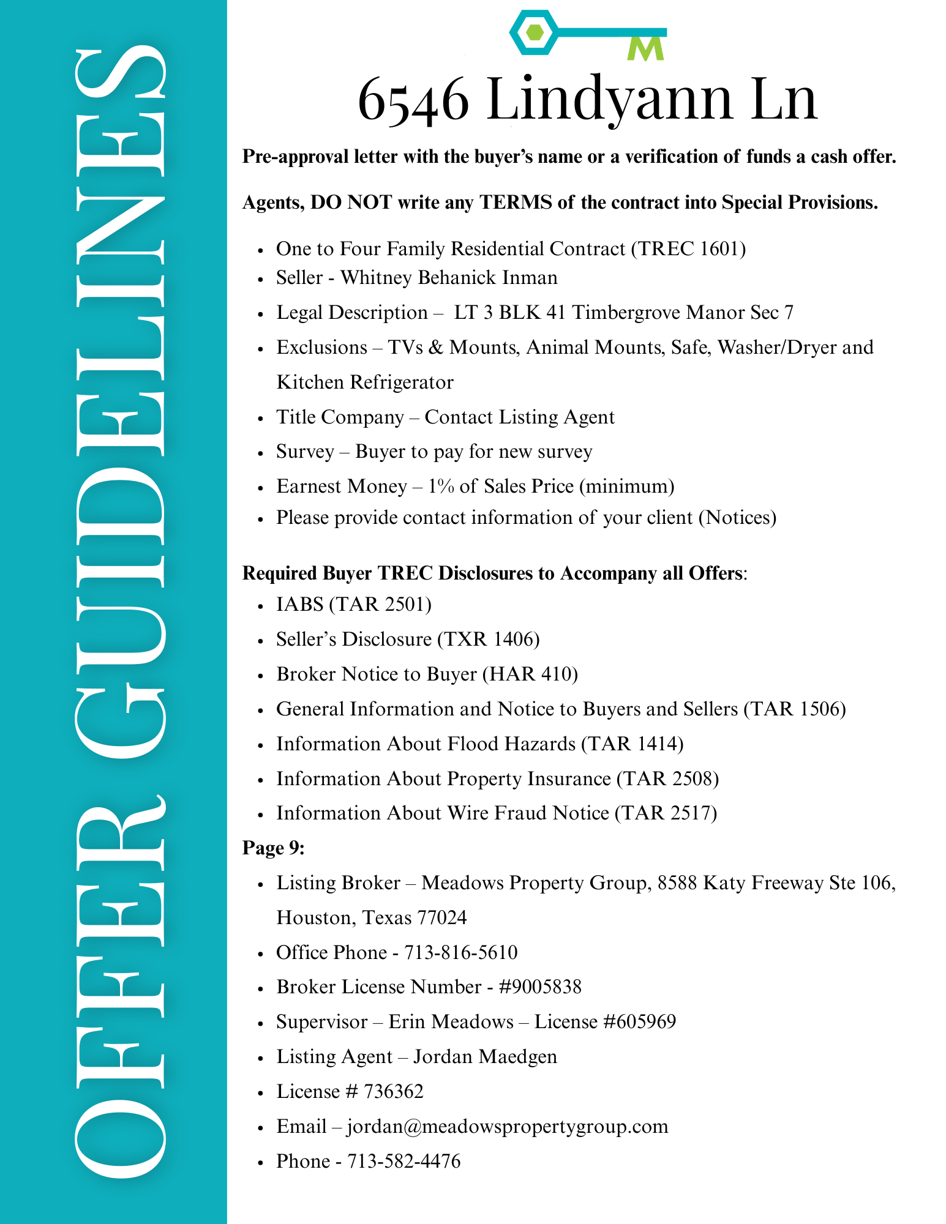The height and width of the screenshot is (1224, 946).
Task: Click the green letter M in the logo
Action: pos(646,48)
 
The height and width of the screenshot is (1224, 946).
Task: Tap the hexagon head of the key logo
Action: pos(534,31)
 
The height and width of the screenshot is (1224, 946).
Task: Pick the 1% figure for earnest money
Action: pos(441,487)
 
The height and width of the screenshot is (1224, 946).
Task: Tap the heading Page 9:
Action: pos(273,848)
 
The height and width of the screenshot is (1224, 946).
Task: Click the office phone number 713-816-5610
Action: pos(460,953)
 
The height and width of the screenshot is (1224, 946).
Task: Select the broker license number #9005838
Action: pos(540,987)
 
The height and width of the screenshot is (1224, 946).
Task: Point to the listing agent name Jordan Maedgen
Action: pos(485,1057)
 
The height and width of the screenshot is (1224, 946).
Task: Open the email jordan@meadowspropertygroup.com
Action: pos(507,1127)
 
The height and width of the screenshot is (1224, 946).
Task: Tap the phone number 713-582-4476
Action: pos(404,1162)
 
